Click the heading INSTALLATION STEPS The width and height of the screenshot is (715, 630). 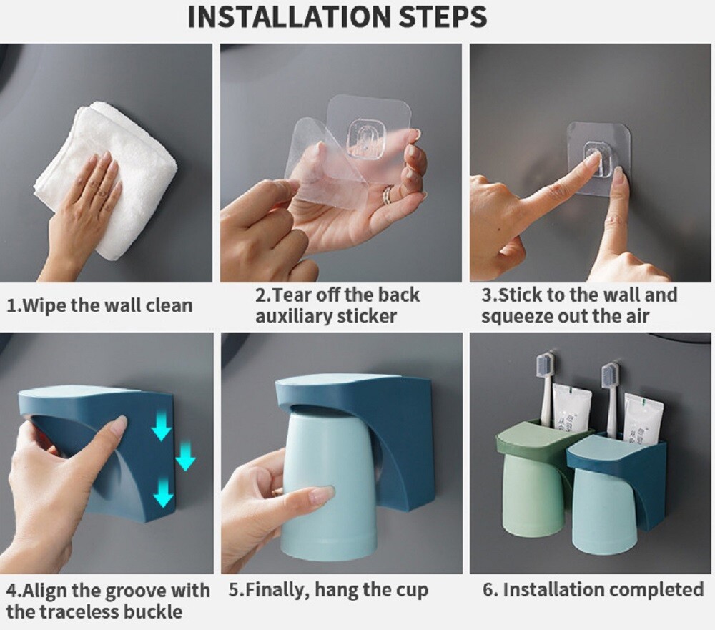pyautogui.click(x=337, y=17)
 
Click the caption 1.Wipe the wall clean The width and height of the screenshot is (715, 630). pyautogui.click(x=99, y=305)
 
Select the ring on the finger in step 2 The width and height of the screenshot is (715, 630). pyautogui.click(x=387, y=195)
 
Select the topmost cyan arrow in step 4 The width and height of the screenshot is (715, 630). pyautogui.click(x=162, y=429)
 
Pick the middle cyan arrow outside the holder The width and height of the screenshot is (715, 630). pyautogui.click(x=186, y=457)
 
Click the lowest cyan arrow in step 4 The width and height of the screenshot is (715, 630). pyautogui.click(x=164, y=496)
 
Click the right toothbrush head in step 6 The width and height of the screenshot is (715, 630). pyautogui.click(x=610, y=376)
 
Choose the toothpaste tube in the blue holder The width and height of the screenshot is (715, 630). pyautogui.click(x=642, y=418)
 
